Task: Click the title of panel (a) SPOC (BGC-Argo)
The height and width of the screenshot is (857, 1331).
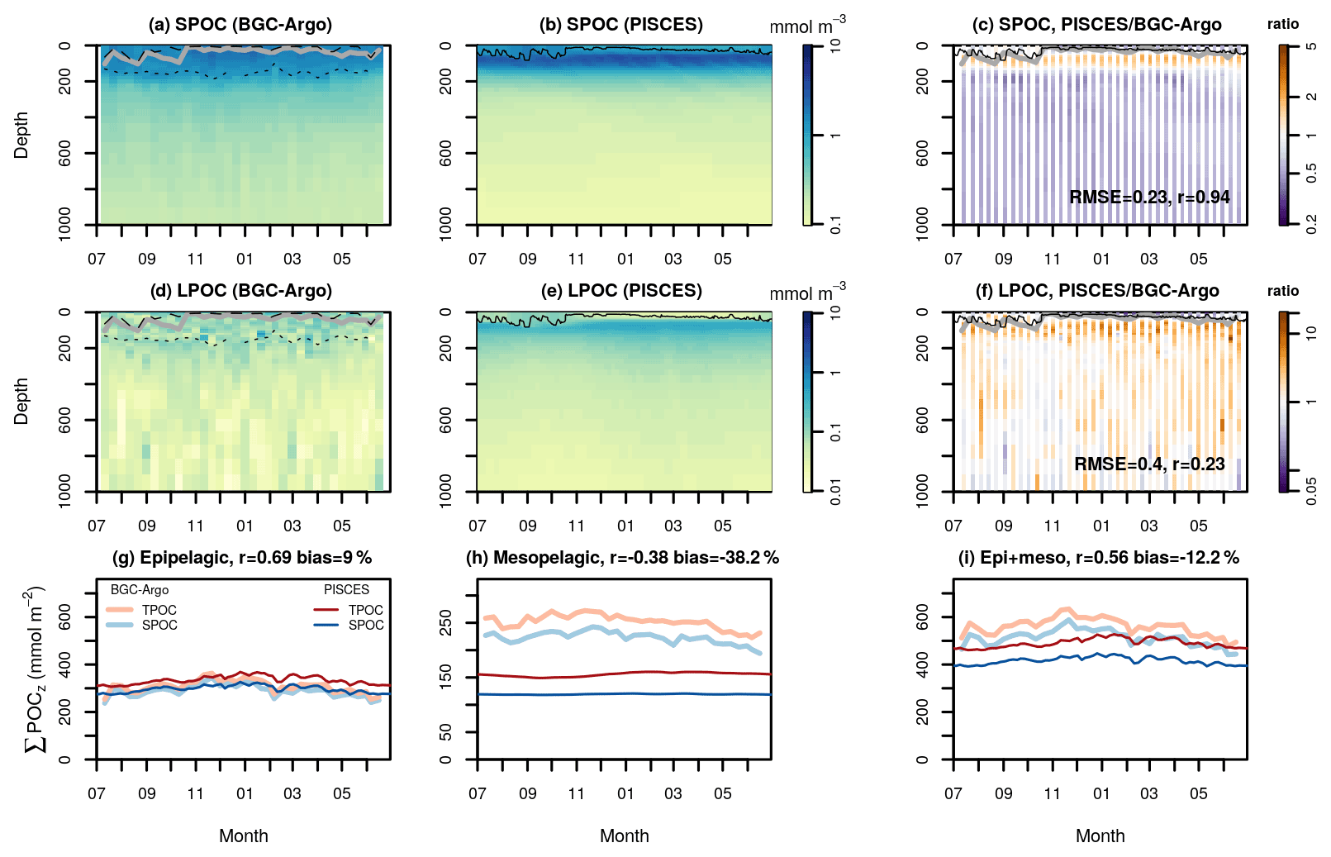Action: tap(240, 25)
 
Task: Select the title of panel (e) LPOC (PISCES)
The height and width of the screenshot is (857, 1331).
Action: tap(621, 291)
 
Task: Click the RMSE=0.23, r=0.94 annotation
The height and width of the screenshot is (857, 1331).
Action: tap(1149, 198)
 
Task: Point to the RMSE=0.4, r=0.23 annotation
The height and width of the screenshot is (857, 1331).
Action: tap(1149, 464)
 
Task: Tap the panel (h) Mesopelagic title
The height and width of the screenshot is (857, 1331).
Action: tap(622, 558)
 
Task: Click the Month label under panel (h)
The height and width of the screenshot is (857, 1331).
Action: tap(624, 836)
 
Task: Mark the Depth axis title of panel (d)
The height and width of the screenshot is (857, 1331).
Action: tap(21, 402)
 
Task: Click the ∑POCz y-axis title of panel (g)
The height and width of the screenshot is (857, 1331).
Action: tap(34, 669)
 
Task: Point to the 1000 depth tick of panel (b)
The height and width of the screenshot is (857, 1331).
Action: tap(445, 224)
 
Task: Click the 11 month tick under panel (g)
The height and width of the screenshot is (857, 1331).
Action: tap(195, 793)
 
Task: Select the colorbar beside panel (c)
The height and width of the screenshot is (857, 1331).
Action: tap(1283, 135)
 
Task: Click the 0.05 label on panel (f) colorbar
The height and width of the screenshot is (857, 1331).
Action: tap(1311, 491)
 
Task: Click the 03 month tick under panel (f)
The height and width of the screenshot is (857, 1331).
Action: tap(1148, 526)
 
